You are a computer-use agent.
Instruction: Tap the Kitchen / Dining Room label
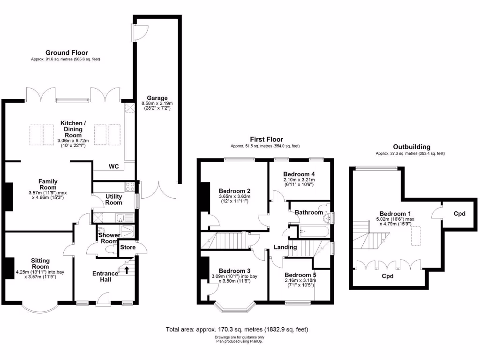pos(73,127)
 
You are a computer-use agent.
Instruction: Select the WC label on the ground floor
pos(113,166)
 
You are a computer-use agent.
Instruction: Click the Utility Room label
pos(113,199)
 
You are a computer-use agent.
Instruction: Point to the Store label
pos(127,247)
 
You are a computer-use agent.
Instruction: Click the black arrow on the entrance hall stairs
pos(126,269)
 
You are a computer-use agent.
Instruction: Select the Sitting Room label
pos(40,264)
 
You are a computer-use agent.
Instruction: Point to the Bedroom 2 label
pos(234,191)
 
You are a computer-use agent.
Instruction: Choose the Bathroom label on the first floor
pos(309,212)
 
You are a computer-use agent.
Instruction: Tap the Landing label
pos(285,247)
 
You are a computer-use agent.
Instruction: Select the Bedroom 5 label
pos(300,275)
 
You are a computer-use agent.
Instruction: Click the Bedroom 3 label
pos(234,271)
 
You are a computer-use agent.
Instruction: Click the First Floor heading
pos(265,139)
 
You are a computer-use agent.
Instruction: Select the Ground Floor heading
pos(66,52)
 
